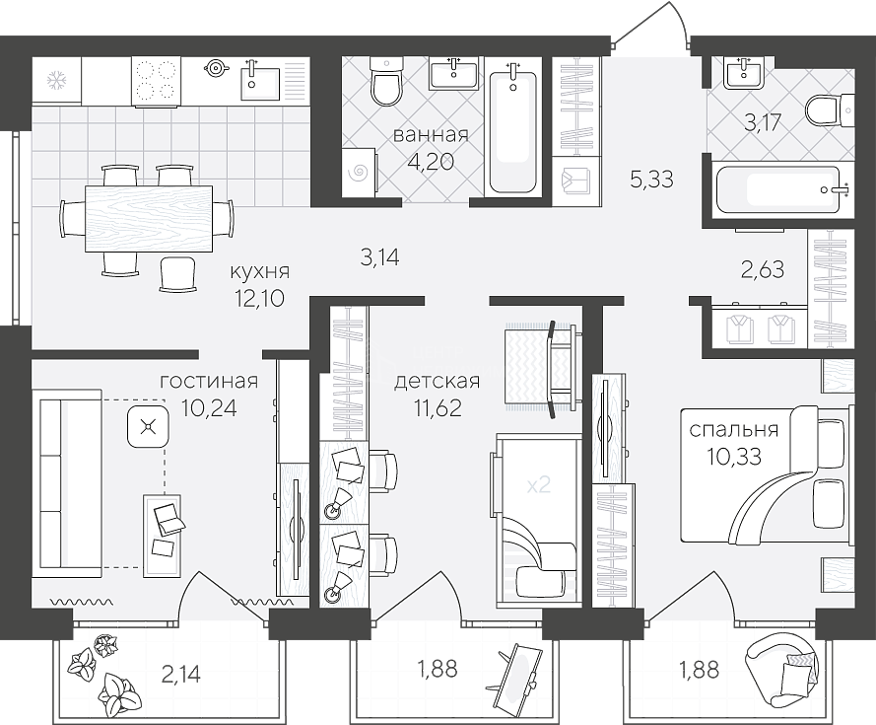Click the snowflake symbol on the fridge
pos(56,81)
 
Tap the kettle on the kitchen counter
pos(216,68)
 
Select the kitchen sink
pos(260,82)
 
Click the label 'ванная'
pos(431,135)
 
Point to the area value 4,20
pos(431,162)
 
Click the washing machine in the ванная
pos(359,173)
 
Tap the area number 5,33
pos(651,180)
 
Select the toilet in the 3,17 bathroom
pos(830,110)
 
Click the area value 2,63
pos(762,269)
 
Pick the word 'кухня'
pos(260,272)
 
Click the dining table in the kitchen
pos(149,219)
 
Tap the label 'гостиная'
pos(209,382)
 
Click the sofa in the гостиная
pos(66,484)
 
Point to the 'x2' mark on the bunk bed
pos(539,484)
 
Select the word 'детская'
pos(437,382)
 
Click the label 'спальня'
pos(733,430)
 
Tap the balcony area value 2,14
pos(180,675)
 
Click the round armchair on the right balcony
pos(785,670)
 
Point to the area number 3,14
pos(380,257)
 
